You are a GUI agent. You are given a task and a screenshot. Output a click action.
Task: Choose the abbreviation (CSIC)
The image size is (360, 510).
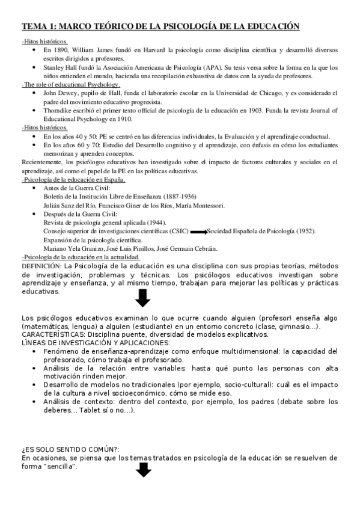point(175,231)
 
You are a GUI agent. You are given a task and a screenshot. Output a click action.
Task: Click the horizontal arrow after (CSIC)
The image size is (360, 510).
point(197,232)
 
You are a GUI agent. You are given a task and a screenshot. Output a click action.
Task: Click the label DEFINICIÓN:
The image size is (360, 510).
point(41,266)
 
